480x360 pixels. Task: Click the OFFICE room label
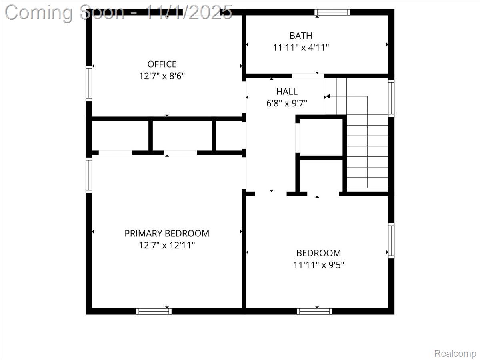162,64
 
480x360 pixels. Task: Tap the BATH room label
301,36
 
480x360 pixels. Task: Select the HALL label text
287,92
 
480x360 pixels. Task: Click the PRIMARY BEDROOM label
167,233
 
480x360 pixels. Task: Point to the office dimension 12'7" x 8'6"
162,76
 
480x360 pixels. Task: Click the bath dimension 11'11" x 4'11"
301,48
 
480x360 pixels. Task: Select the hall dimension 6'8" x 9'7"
287,104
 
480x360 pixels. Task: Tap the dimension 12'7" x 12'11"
167,245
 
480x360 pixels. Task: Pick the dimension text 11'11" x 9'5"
318,265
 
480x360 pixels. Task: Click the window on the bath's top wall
332,12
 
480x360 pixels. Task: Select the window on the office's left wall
89,83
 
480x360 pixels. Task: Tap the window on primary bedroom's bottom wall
154,311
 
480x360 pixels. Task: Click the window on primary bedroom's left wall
89,175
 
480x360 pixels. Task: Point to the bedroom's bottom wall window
314,311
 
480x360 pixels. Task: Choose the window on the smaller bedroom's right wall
391,240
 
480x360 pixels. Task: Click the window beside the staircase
391,98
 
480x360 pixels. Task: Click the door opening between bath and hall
307,76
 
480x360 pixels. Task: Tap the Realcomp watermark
455,354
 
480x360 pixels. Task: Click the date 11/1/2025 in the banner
188,12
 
